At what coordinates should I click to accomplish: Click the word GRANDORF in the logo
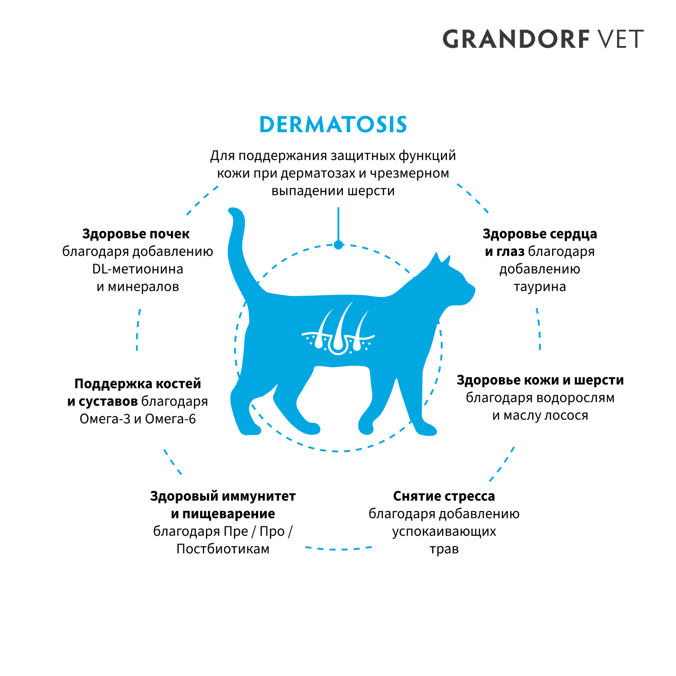(516, 39)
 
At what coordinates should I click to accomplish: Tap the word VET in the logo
(620, 39)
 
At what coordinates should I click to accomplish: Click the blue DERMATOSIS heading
(333, 124)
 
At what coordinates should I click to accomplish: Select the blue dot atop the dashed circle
(338, 245)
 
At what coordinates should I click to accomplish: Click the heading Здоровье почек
(136, 234)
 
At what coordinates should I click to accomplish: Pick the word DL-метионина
(137, 269)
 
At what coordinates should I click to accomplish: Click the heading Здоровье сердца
(539, 234)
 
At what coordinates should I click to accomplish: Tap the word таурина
(539, 287)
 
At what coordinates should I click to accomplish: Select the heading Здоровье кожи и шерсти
(540, 380)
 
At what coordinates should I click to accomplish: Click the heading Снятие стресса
(444, 496)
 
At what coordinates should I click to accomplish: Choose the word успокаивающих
(444, 531)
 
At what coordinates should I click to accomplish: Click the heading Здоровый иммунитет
(223, 496)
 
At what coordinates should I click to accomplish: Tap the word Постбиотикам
(223, 549)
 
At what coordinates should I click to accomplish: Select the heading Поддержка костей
(137, 384)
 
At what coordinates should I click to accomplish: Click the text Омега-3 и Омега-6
(137, 419)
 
